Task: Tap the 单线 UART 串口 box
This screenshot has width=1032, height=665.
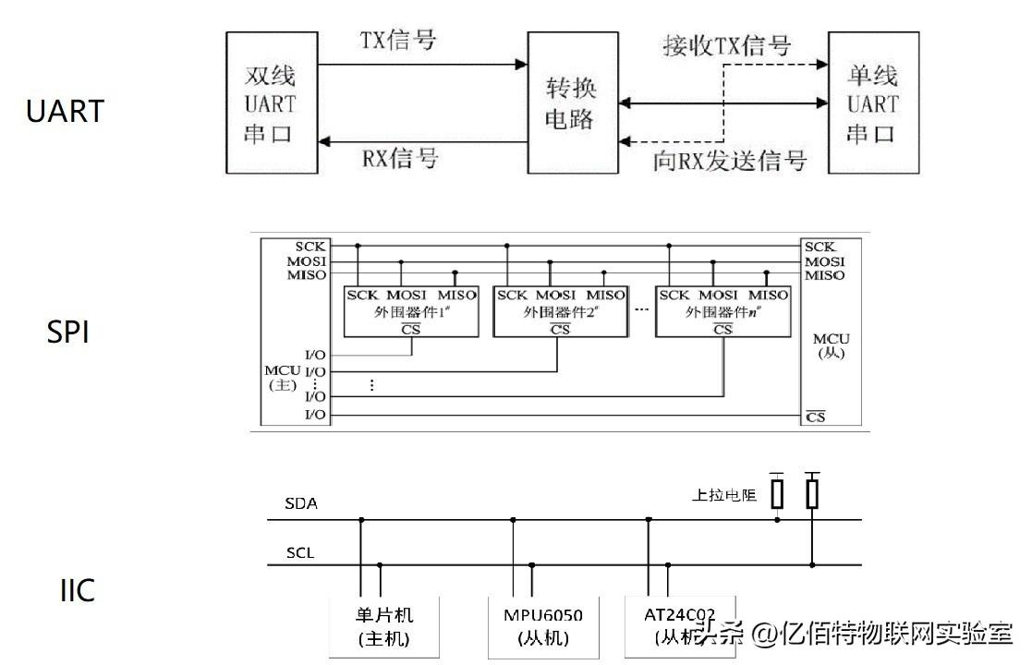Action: [x=872, y=103]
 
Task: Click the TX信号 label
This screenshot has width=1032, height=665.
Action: [x=397, y=42]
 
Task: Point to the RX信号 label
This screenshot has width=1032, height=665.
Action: [x=400, y=158]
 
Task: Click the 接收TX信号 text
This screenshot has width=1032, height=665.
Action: [x=727, y=44]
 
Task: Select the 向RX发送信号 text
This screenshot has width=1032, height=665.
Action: [x=730, y=162]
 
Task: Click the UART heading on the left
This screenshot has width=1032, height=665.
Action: [x=65, y=112]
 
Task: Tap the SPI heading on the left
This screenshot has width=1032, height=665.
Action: [x=67, y=332]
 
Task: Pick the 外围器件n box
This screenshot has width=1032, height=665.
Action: [x=722, y=311]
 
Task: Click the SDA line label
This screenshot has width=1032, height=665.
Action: [x=301, y=504]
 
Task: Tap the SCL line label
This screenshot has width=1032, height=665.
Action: [x=300, y=553]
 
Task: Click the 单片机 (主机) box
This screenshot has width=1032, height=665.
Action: [x=384, y=626]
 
